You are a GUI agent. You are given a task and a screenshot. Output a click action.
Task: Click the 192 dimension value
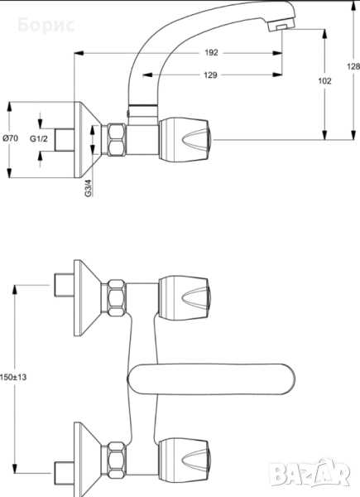point(211,53)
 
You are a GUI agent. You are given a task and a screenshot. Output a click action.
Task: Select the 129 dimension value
point(210,75)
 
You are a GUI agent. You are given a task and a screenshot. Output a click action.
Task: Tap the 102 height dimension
point(324,81)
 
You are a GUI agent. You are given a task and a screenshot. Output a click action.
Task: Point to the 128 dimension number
point(353,66)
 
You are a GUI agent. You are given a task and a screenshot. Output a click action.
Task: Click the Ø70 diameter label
point(11,138)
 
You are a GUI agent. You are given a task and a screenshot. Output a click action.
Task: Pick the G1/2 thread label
point(39,138)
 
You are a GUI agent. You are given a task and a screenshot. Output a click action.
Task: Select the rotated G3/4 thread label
point(89,188)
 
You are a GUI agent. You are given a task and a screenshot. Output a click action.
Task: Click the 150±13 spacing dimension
point(13,377)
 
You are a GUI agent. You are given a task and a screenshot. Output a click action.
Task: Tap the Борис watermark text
point(46,25)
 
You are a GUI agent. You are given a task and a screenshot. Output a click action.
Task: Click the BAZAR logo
point(311,475)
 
